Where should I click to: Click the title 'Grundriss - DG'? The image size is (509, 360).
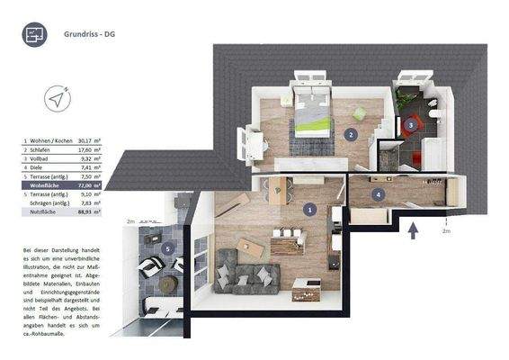click(x=89, y=35)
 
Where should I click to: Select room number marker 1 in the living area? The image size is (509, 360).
click(x=310, y=209)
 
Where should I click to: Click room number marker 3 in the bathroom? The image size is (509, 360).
click(x=410, y=125)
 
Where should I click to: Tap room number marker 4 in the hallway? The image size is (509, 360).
click(x=378, y=193)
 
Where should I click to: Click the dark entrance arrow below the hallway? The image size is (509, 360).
click(x=413, y=232)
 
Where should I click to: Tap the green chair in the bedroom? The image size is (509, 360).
click(x=359, y=113)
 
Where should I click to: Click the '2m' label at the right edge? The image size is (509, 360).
click(x=446, y=231)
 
